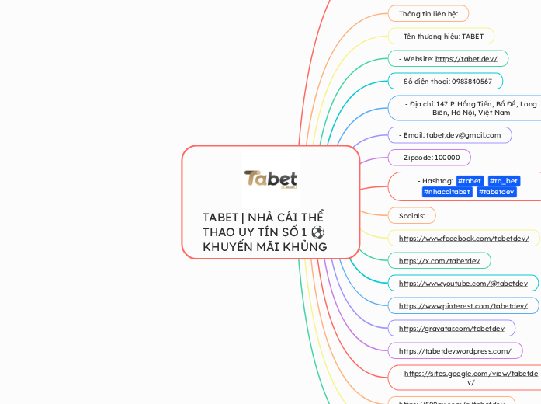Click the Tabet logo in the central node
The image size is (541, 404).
click(x=270, y=179)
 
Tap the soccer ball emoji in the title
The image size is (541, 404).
click(x=317, y=232)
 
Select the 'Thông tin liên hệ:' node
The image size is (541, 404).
click(x=428, y=14)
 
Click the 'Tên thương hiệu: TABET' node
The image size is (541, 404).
click(x=440, y=37)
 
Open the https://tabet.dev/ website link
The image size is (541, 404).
click(x=466, y=59)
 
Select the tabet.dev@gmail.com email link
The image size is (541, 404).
click(x=463, y=135)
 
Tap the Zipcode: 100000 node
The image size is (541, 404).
click(x=429, y=158)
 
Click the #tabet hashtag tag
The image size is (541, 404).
click(x=470, y=181)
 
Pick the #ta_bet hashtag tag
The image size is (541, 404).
click(x=504, y=181)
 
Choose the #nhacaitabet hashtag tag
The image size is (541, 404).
click(x=447, y=192)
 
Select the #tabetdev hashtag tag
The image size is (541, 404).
click(x=497, y=192)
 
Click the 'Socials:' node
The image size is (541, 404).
click(x=411, y=215)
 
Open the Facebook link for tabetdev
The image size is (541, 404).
click(x=463, y=239)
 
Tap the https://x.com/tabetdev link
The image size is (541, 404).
click(x=439, y=261)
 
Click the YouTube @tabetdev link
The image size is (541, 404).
click(x=463, y=284)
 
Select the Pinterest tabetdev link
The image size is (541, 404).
click(x=463, y=306)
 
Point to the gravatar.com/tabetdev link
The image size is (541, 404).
click(x=451, y=329)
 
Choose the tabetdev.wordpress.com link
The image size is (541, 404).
click(x=455, y=351)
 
